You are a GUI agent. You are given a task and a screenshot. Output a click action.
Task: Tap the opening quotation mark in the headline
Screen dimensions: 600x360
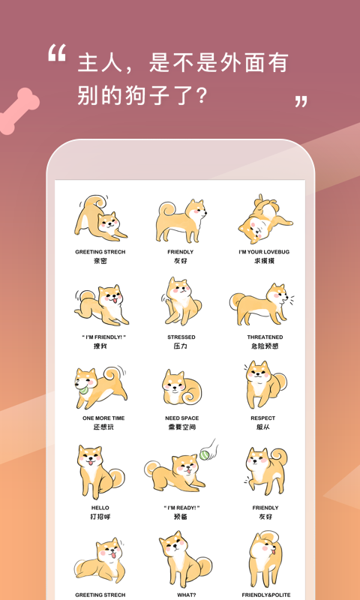click(x=57, y=53)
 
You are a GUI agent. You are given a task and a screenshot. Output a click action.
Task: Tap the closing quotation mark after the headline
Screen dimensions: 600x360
click(x=301, y=101)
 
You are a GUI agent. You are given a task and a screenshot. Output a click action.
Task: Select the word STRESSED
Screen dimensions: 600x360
click(x=181, y=337)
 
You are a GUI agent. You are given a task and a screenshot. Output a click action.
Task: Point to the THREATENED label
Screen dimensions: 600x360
click(x=265, y=337)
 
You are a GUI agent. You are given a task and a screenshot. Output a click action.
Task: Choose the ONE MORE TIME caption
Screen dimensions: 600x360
click(x=103, y=418)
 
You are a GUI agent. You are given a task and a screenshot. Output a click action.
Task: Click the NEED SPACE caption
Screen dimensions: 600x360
click(x=181, y=418)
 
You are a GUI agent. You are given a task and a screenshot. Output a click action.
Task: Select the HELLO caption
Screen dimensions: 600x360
click(x=100, y=508)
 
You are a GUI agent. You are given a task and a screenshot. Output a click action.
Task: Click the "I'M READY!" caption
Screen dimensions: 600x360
click(x=181, y=508)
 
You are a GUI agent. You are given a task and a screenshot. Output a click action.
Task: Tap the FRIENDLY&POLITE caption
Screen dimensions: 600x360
click(x=265, y=595)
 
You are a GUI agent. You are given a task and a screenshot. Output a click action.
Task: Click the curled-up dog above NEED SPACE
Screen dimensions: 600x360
click(x=180, y=386)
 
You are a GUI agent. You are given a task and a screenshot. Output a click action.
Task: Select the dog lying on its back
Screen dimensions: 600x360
click(x=262, y=221)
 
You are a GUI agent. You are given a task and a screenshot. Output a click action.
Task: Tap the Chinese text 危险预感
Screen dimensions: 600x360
click(x=265, y=346)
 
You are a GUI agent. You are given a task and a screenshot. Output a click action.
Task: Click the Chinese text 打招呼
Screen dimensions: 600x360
click(x=100, y=517)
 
